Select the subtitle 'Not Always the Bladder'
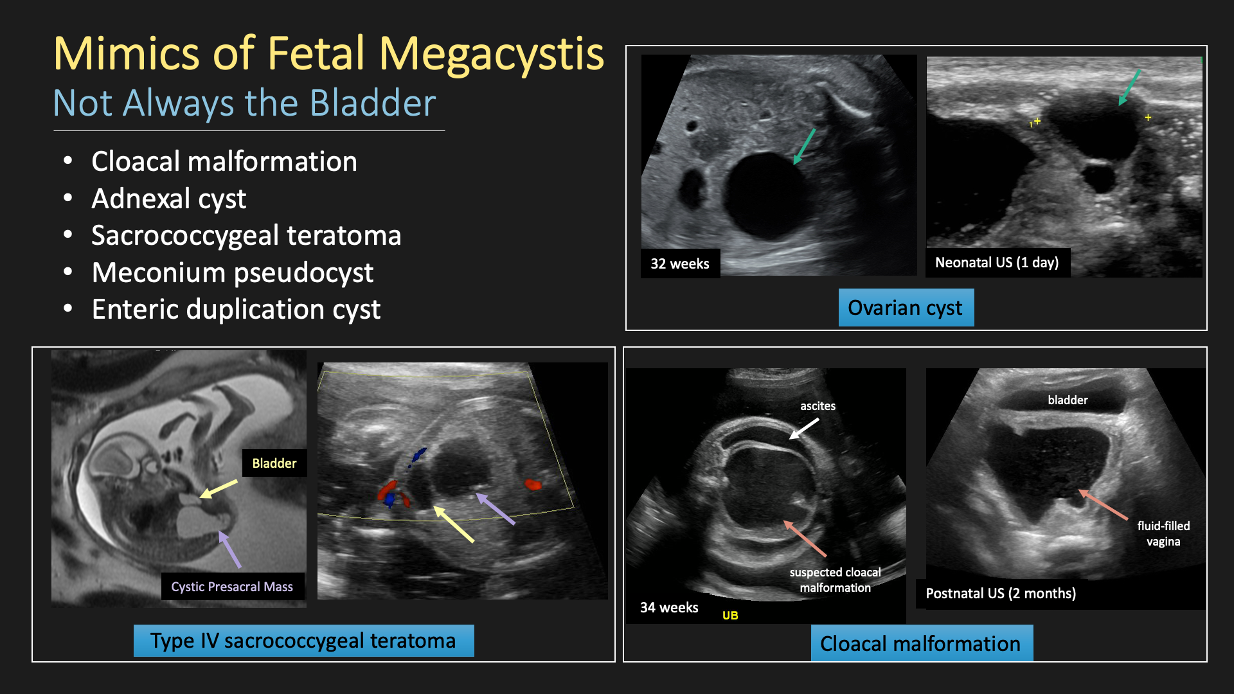(244, 103)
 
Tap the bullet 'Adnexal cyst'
(168, 199)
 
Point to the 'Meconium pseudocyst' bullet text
(232, 273)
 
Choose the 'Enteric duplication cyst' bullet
(236, 310)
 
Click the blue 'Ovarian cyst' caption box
(906, 308)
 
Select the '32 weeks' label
(680, 263)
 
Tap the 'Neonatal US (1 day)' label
(997, 262)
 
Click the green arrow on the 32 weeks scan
(804, 147)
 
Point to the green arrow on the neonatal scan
(1129, 87)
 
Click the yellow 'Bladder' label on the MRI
(274, 463)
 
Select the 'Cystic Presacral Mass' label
(232, 587)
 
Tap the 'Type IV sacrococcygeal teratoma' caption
(303, 641)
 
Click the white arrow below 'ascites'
(804, 429)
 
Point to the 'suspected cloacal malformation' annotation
(835, 580)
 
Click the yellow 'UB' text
(730, 615)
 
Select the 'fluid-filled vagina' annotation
(1163, 533)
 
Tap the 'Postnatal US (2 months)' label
(1001, 593)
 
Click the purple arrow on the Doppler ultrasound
(495, 508)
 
